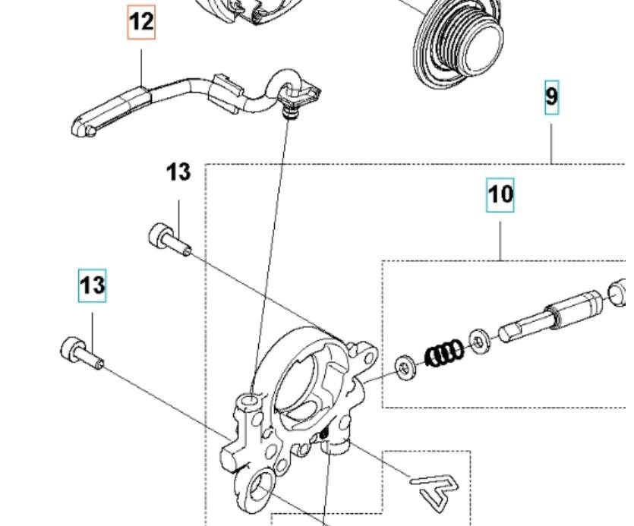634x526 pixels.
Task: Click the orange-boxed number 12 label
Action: click(141, 22)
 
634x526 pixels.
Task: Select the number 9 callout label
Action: click(551, 96)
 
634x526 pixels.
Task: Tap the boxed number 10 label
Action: click(500, 194)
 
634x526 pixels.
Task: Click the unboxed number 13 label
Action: click(178, 172)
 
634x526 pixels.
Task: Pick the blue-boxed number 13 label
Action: click(92, 285)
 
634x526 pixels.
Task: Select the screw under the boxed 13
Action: click(80, 352)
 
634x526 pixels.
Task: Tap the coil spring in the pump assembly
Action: click(443, 354)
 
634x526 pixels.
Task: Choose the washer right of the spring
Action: click(480, 341)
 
